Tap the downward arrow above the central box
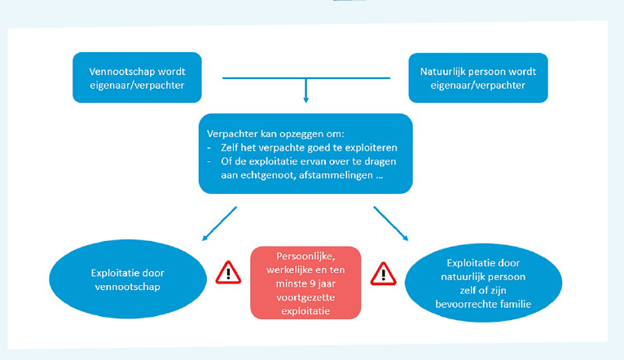pyautogui.click(x=305, y=90)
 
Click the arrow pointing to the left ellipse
pyautogui.click(x=219, y=223)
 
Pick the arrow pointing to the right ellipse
pyautogui.click(x=391, y=223)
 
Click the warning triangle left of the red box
pyautogui.click(x=228, y=273)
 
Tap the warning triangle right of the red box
pyautogui.click(x=383, y=274)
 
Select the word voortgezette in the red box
pyautogui.click(x=305, y=297)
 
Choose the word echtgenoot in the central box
pyautogui.click(x=265, y=175)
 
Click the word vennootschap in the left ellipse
pyautogui.click(x=127, y=287)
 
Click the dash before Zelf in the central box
pyautogui.click(x=209, y=148)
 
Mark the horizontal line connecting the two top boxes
pyautogui.click(x=306, y=78)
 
